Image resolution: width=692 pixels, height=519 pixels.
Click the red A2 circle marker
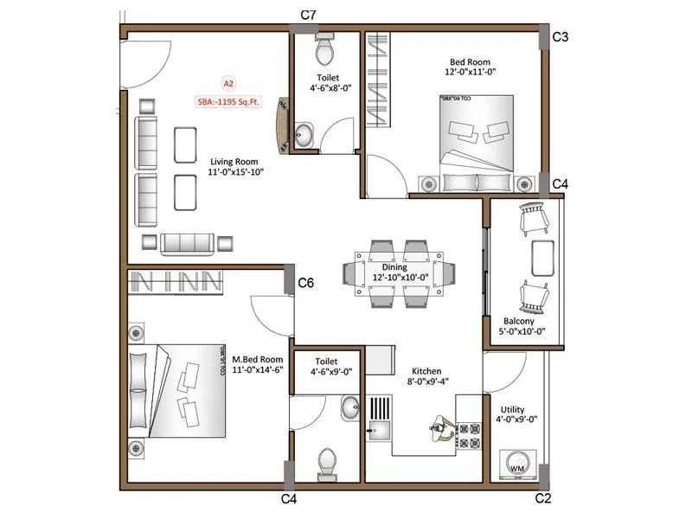pyautogui.click(x=228, y=84)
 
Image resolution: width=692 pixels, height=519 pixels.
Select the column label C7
pyautogui.click(x=308, y=16)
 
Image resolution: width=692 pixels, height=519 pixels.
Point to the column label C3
pyautogui.click(x=561, y=37)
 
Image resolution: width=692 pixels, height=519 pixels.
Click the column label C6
pyautogui.click(x=305, y=283)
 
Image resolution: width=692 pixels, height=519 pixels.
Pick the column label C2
pyautogui.click(x=543, y=498)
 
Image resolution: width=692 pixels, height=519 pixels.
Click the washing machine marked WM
pyautogui.click(x=518, y=465)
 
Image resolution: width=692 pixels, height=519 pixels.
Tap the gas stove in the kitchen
pyautogui.click(x=469, y=435)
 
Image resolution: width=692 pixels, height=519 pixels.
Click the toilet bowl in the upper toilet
pyautogui.click(x=324, y=52)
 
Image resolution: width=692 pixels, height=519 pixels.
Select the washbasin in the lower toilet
pyautogui.click(x=349, y=407)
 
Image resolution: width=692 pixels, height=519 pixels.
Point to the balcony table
pyautogui.click(x=541, y=257)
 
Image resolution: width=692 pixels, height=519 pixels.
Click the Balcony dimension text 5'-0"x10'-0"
pyautogui.click(x=522, y=330)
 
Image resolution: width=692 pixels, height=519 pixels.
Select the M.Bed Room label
pyautogui.click(x=257, y=359)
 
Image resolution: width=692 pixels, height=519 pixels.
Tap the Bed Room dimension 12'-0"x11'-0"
pyautogui.click(x=471, y=73)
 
